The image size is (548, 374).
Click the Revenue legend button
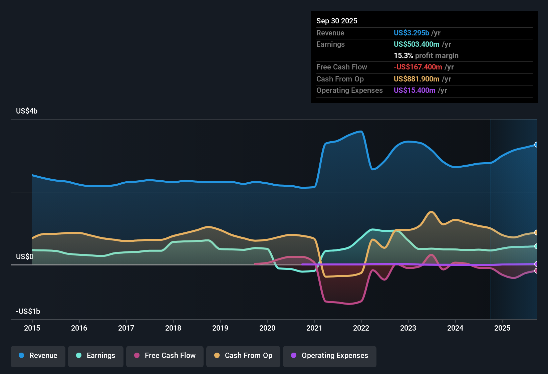tap(38, 356)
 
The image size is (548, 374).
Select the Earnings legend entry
tap(96, 356)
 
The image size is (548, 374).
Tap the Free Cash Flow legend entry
tap(165, 356)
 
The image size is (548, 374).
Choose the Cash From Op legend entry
tap(243, 356)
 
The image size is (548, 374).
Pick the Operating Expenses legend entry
tap(330, 356)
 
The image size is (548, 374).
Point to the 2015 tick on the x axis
tap(32, 328)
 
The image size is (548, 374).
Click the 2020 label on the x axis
tap(267, 328)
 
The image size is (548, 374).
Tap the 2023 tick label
tap(408, 328)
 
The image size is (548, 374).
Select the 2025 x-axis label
tap(502, 328)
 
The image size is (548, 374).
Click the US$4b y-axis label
tap(27, 111)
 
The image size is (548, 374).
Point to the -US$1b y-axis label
tap(28, 312)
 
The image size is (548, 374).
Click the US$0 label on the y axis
tap(25, 257)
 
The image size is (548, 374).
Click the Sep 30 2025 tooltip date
tap(337, 21)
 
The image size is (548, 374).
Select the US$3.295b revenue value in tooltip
tap(411, 33)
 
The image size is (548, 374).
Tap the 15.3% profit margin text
tap(426, 56)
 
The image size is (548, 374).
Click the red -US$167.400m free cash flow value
tap(418, 67)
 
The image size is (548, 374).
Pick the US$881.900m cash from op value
tap(417, 79)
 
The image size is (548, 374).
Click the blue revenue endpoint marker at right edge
tap(537, 145)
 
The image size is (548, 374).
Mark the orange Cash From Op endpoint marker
tap(537, 232)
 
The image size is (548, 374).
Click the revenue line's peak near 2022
tap(360, 132)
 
